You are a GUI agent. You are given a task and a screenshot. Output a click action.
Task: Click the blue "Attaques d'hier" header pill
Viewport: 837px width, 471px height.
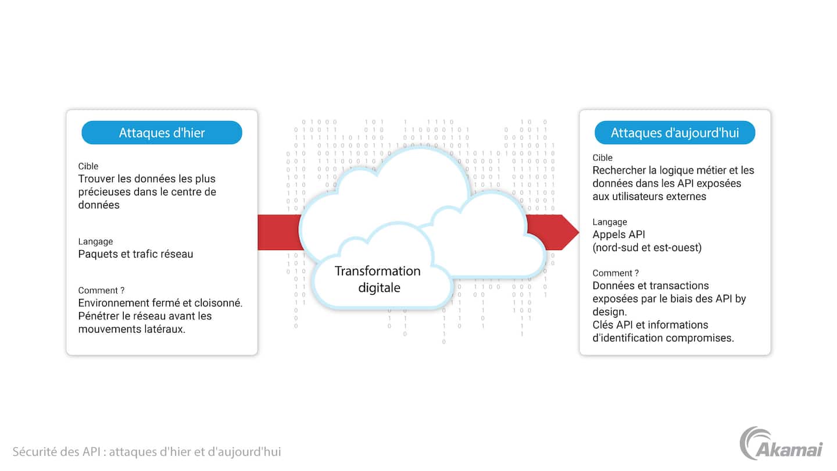coord(162,133)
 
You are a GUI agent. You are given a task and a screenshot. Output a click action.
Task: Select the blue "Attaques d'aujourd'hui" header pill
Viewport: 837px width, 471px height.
coord(674,133)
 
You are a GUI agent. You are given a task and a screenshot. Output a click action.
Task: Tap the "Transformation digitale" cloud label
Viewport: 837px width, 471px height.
coord(378,279)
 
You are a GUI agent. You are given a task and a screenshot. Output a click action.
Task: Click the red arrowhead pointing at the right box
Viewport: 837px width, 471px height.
coord(570,233)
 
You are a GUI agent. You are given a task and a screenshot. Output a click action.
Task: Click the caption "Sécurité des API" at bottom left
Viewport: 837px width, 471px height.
coord(58,451)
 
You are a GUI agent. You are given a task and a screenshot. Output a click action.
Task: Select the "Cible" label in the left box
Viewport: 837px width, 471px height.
coord(88,166)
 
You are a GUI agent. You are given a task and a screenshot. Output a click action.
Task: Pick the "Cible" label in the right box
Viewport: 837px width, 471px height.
coord(603,158)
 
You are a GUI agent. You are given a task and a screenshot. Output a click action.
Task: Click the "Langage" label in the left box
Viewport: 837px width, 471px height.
coord(95,241)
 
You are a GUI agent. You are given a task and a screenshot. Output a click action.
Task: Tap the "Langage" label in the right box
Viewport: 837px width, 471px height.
coord(610,222)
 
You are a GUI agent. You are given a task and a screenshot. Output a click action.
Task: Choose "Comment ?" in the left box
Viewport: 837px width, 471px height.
coord(102,290)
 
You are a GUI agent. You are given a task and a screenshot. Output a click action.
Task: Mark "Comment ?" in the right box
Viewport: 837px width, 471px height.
coord(616,273)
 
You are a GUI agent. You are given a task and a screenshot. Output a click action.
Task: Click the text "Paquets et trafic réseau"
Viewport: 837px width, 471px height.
coord(135,254)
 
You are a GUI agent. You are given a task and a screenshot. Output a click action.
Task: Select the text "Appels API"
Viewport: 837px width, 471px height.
coord(619,235)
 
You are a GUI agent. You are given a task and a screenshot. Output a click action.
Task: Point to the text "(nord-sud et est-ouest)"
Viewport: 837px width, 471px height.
coord(647,248)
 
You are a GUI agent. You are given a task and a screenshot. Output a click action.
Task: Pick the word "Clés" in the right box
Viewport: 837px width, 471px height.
coord(604,324)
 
